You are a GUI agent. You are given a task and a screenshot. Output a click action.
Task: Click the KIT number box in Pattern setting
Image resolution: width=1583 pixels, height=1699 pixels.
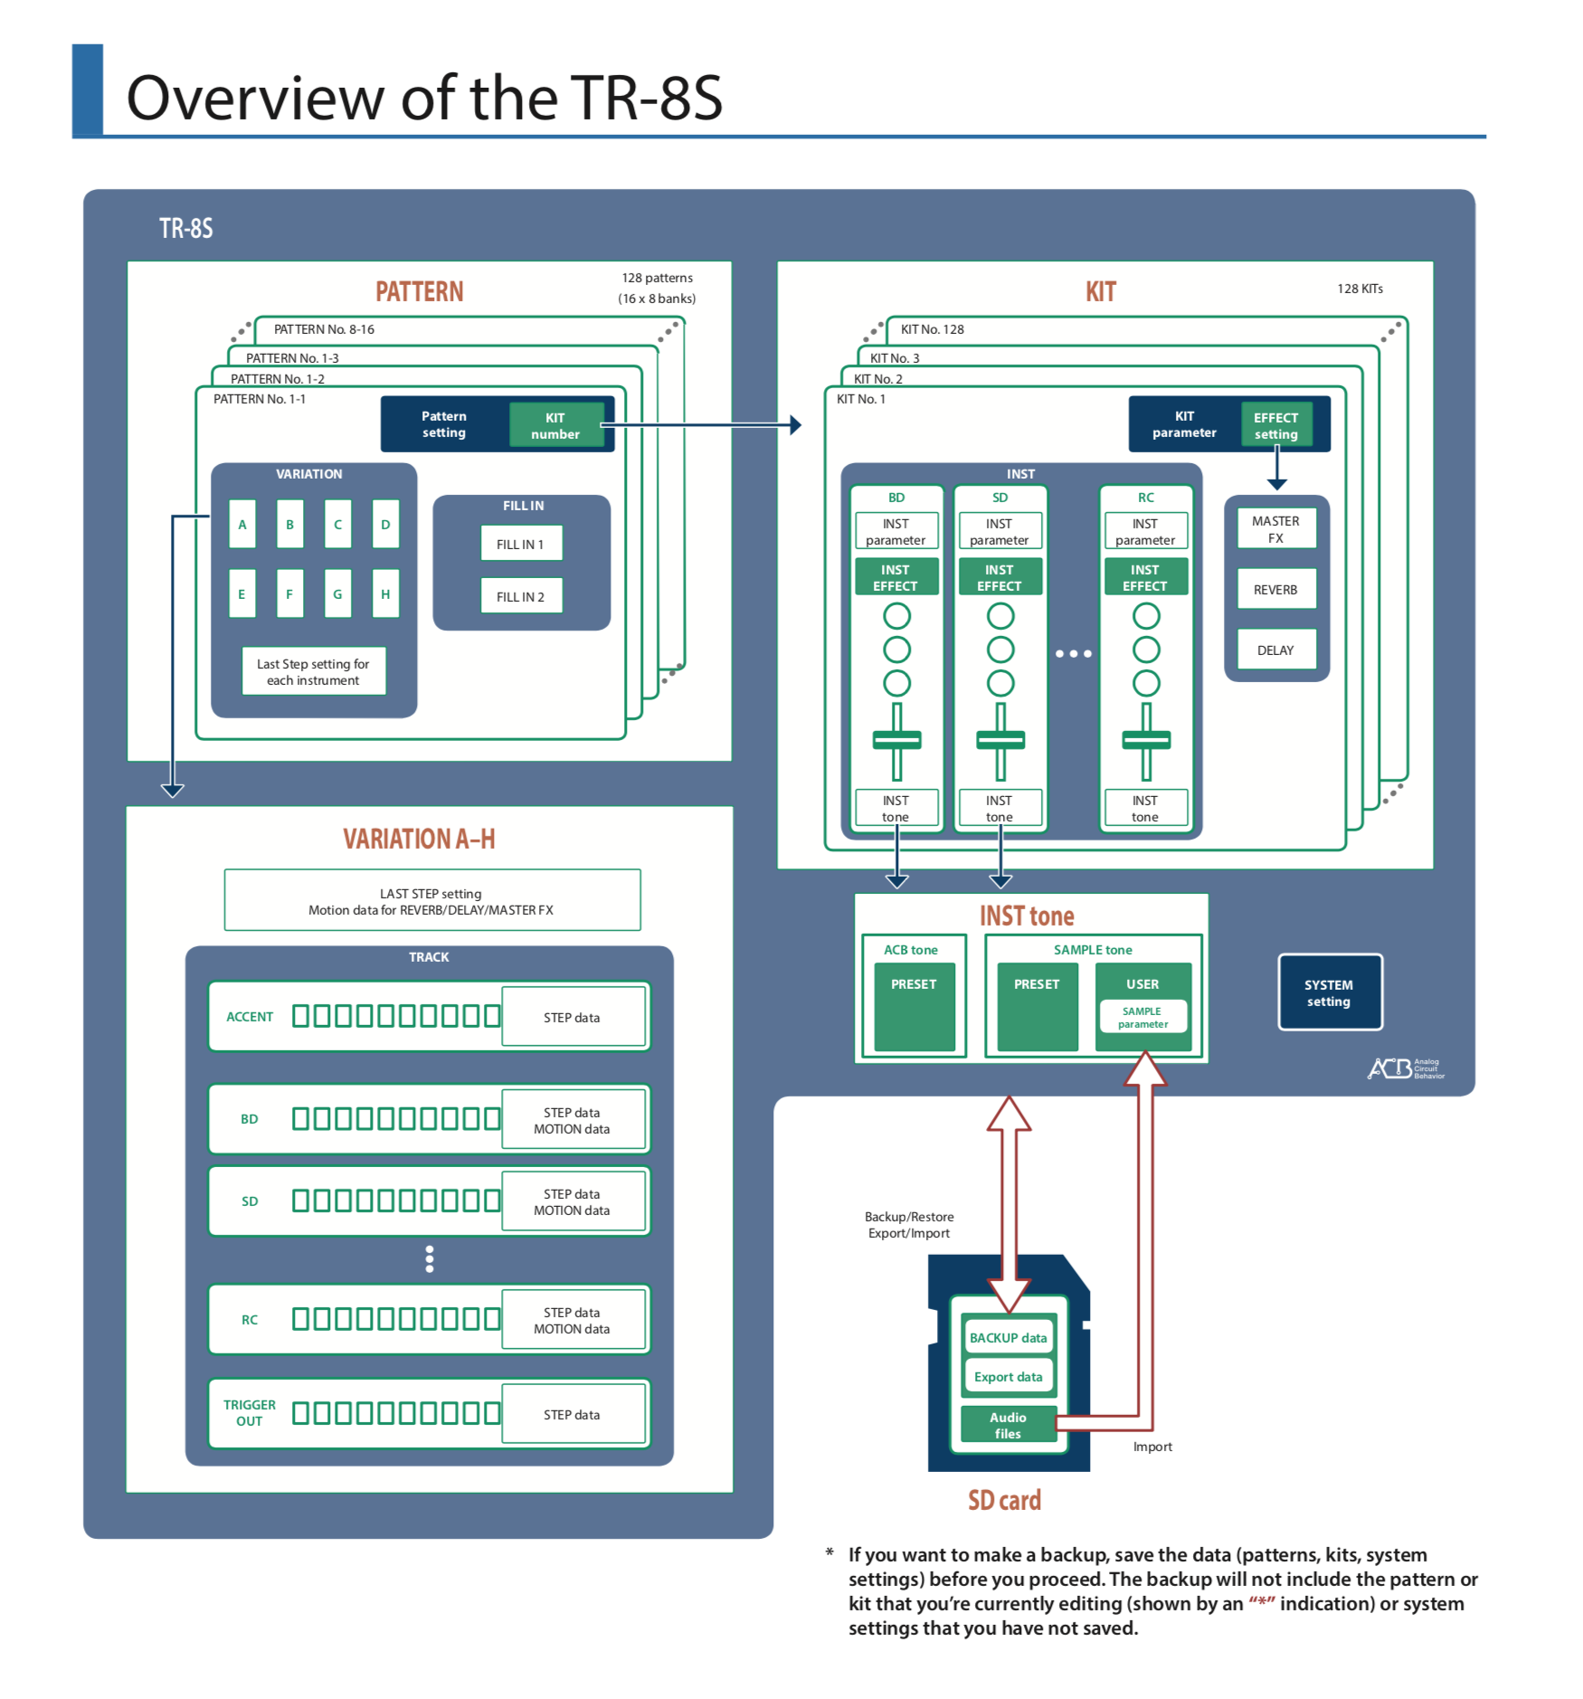coord(555,425)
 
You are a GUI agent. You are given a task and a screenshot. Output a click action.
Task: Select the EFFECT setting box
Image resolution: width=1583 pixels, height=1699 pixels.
coord(1275,425)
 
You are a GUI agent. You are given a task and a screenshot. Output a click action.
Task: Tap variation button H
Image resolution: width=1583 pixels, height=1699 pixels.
coord(385,594)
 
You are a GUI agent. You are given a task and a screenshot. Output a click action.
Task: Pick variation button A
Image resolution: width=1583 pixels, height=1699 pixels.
coord(242,525)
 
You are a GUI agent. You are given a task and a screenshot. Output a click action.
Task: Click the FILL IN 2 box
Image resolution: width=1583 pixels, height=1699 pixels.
coord(521,596)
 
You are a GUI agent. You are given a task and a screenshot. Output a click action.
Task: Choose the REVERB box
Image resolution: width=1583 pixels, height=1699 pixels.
coord(1275,590)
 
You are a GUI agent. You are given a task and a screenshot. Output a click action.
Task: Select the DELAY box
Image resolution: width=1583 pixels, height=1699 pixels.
coord(1275,650)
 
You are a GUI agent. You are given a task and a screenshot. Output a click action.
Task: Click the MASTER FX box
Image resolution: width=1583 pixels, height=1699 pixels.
coord(1275,529)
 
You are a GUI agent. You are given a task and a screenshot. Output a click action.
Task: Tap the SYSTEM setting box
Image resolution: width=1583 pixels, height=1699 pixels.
coord(1329,992)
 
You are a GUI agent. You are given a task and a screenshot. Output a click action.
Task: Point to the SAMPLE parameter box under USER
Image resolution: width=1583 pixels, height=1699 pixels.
coord(1142,1018)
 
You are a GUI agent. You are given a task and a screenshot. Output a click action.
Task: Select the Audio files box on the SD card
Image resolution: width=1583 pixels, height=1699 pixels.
coord(1008,1425)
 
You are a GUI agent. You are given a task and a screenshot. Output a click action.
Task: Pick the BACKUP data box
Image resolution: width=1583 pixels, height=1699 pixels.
coord(1008,1337)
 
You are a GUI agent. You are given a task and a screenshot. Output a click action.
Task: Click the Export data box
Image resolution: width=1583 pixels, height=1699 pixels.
coord(1008,1376)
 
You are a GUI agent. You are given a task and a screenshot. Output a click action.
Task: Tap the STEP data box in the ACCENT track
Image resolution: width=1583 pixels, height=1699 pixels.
coord(572,1017)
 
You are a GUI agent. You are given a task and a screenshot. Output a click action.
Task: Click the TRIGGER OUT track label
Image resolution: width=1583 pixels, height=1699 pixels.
coord(250,1412)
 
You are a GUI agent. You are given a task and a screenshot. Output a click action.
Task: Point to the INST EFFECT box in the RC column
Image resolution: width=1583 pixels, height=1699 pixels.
coord(1145,577)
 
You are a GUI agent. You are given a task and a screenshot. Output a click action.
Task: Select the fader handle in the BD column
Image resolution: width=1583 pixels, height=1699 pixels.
coord(896,740)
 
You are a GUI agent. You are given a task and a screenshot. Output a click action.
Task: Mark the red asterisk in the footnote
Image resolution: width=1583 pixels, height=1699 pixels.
coord(1261,1601)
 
